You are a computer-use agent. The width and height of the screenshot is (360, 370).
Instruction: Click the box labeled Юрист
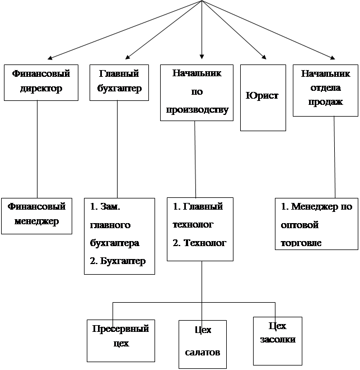pyautogui.click(x=263, y=98)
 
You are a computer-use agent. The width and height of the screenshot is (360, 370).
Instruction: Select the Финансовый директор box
pyautogui.click(x=41, y=82)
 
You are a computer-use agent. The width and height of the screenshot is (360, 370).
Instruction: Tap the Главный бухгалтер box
pyautogui.click(x=119, y=82)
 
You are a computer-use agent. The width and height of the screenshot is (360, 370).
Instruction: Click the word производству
pyautogui.click(x=197, y=110)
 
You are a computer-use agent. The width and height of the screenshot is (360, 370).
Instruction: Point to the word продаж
pyautogui.click(x=325, y=102)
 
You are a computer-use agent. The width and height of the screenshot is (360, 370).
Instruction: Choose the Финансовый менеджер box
pyautogui.click(x=36, y=216)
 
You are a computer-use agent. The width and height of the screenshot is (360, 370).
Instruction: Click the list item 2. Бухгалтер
pyautogui.click(x=118, y=261)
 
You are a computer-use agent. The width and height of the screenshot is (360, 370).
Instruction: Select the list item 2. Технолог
pyautogui.click(x=199, y=243)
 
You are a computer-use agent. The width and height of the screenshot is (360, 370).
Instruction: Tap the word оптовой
pyautogui.click(x=300, y=225)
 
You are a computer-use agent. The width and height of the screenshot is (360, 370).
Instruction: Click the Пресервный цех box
pyautogui.click(x=121, y=340)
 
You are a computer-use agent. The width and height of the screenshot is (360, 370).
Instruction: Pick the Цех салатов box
pyautogui.click(x=203, y=344)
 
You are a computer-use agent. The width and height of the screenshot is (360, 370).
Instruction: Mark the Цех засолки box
pyautogui.click(x=278, y=341)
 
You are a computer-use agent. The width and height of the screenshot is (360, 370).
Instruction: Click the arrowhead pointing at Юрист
pyautogui.click(x=264, y=57)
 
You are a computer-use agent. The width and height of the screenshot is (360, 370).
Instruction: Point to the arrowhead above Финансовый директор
pyautogui.click(x=50, y=58)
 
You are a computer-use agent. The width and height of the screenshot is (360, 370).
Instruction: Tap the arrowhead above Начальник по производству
pyautogui.click(x=202, y=57)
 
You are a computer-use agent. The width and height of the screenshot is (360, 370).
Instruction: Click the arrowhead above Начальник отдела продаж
pyautogui.click(x=333, y=58)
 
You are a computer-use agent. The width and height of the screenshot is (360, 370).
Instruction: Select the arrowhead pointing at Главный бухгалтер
pyautogui.click(x=128, y=57)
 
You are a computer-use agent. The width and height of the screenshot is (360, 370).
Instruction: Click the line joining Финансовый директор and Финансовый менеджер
pyautogui.click(x=37, y=149)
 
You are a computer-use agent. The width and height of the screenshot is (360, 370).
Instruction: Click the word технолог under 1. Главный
pyautogui.click(x=193, y=224)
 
